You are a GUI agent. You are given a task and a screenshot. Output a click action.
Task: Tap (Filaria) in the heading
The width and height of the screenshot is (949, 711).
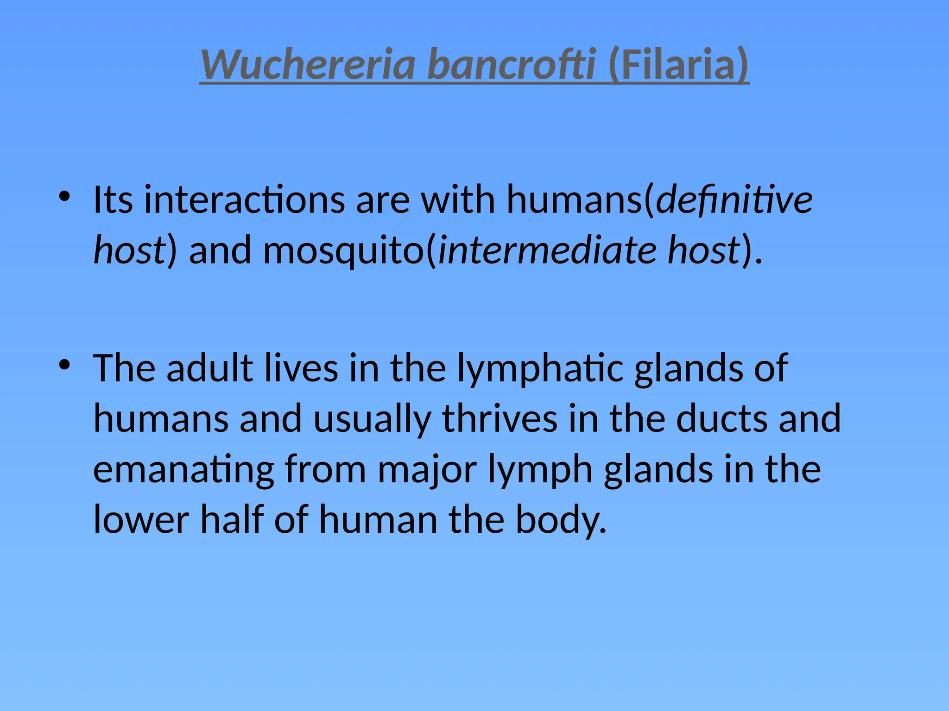click(678, 65)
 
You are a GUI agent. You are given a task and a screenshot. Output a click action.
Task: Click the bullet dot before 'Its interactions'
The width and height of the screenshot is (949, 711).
click(64, 196)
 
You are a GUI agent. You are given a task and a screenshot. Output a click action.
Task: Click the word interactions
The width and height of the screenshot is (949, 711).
click(244, 200)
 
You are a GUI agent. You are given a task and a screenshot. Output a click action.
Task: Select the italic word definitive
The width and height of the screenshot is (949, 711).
click(734, 200)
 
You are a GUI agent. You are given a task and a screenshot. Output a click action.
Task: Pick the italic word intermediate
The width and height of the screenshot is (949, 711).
click(547, 250)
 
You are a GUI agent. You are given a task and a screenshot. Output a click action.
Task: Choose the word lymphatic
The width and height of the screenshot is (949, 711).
click(540, 369)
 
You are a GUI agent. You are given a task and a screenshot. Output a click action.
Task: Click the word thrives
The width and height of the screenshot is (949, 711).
click(500, 418)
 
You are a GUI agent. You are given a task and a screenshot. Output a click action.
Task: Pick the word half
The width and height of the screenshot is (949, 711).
click(232, 519)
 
